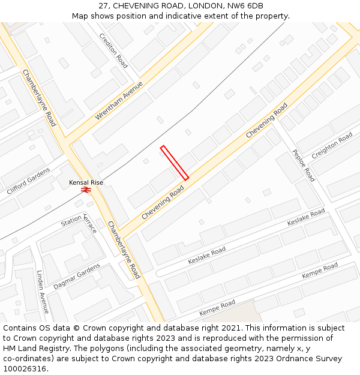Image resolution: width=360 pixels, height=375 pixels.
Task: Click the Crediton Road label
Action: [x=114, y=50]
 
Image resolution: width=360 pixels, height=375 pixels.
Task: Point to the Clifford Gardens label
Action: [x=29, y=181]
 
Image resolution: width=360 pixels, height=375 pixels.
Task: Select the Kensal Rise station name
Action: [x=86, y=182]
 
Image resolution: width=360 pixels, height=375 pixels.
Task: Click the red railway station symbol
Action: [x=86, y=190]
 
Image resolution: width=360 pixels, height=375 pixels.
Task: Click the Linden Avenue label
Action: [x=43, y=291]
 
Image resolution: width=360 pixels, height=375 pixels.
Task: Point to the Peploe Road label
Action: [x=303, y=165]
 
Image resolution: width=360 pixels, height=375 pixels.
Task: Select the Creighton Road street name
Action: [x=332, y=145]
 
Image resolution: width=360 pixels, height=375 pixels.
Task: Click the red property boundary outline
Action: [x=174, y=162]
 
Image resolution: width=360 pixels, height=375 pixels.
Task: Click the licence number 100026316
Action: [x=26, y=368]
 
